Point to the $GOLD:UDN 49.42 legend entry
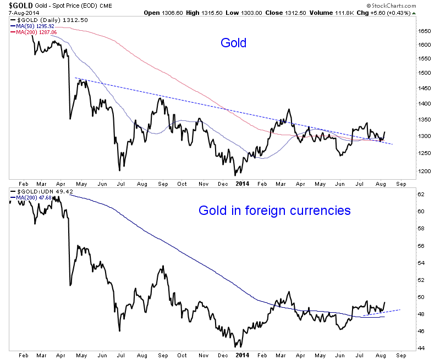(37, 191)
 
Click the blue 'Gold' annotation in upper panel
(234, 42)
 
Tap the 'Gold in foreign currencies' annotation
(274, 210)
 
